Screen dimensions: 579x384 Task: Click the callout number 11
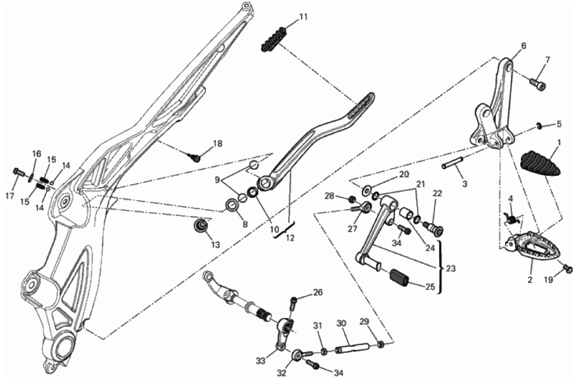[x=303, y=17]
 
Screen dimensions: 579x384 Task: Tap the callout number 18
[x=218, y=144]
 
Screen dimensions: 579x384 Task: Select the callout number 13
[x=215, y=244]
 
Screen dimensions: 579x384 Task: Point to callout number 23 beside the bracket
[x=451, y=268]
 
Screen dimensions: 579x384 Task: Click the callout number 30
[x=342, y=323]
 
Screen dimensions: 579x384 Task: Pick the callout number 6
[x=524, y=46]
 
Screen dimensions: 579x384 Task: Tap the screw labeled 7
[x=538, y=84]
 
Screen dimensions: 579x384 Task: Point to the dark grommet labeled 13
[x=202, y=225]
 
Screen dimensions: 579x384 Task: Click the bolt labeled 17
[x=19, y=172]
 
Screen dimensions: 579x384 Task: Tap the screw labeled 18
[x=195, y=158]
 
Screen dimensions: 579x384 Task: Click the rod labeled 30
[x=352, y=349]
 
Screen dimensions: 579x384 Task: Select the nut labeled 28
[x=352, y=200]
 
